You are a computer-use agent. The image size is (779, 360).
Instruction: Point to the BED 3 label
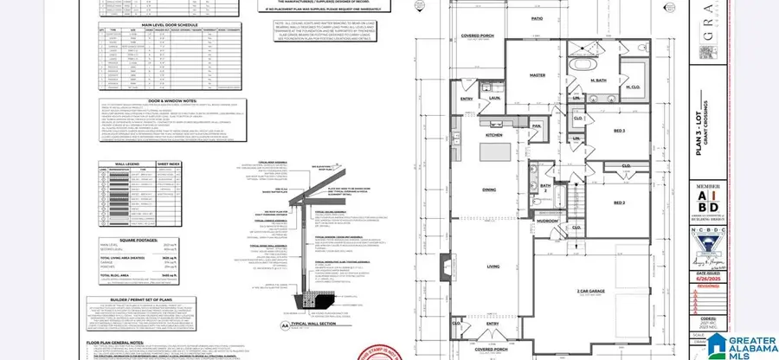pos(618,131)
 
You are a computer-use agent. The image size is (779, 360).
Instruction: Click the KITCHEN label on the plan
pos(493,136)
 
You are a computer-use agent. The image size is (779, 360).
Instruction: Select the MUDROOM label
pos(547,221)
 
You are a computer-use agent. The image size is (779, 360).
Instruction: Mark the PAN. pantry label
pos(537,125)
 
